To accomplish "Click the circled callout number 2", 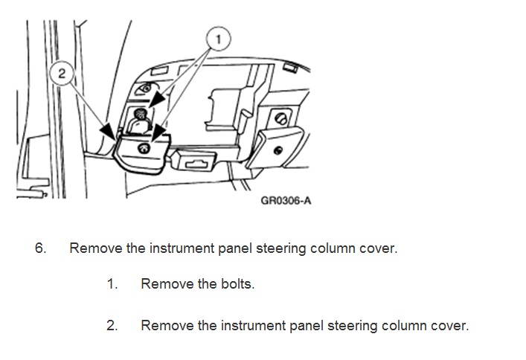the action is [x=62, y=74].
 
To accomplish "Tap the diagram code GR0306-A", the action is [x=286, y=200].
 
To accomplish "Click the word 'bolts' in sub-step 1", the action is [x=237, y=284].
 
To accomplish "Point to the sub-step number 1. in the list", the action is [x=112, y=284].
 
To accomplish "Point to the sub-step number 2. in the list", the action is [x=112, y=326].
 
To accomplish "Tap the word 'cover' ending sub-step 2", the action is [x=451, y=326].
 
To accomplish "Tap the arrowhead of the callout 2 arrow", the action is [x=115, y=138].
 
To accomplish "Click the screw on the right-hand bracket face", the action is [x=278, y=149].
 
